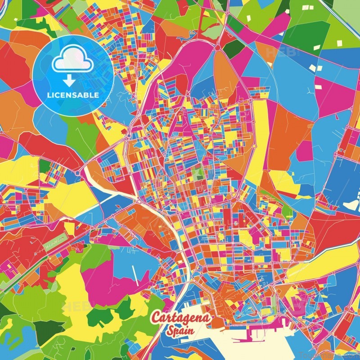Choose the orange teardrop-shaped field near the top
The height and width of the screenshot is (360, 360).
[x=225, y=72]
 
